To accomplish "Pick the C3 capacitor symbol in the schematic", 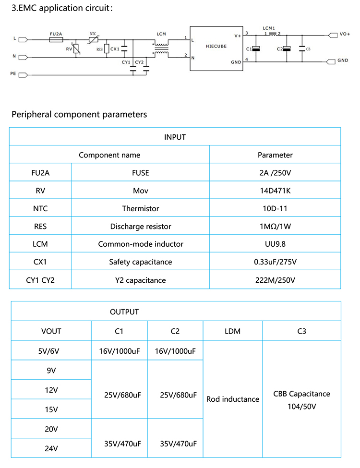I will pos(302,49).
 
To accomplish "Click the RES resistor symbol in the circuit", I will pos(107,49).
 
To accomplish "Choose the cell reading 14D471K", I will pos(275,191).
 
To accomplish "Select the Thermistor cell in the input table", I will pos(140,209).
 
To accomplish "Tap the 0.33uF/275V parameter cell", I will pos(275,262).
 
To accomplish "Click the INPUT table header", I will pos(175,137).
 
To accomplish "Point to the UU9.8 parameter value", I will pos(275,244).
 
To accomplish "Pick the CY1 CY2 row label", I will pos(40,280).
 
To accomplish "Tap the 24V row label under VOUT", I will pos(51,449).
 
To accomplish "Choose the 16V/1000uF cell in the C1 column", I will pos(119,351).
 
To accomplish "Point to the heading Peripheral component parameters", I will pos(79,114).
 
